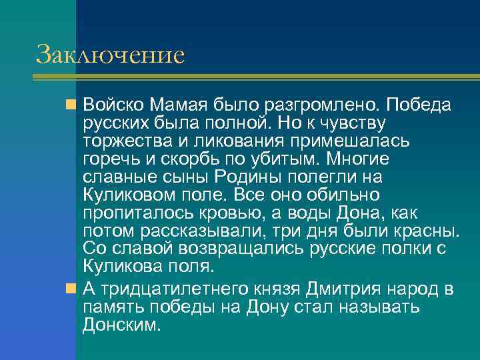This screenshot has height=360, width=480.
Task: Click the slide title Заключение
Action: [110, 55]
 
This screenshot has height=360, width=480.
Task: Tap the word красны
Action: [427, 231]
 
